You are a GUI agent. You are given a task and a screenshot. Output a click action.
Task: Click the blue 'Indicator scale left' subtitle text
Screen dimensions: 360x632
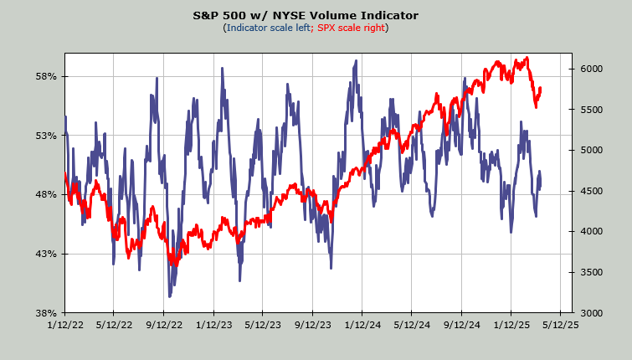(x=266, y=28)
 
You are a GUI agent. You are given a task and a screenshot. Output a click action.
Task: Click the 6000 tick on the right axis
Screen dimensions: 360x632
(x=591, y=69)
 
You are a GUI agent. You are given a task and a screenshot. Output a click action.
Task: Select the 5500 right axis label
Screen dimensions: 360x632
(x=591, y=110)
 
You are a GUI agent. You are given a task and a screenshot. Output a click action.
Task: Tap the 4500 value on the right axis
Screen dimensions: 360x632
(x=591, y=191)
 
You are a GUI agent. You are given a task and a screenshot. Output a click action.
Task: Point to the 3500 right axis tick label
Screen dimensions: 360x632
(x=591, y=272)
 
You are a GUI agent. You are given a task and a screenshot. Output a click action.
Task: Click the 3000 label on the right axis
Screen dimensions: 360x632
(x=591, y=312)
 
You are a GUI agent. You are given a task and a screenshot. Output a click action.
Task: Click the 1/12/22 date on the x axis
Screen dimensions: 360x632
(x=64, y=325)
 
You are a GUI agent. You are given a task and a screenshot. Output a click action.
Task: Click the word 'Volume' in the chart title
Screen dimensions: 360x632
(x=342, y=15)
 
